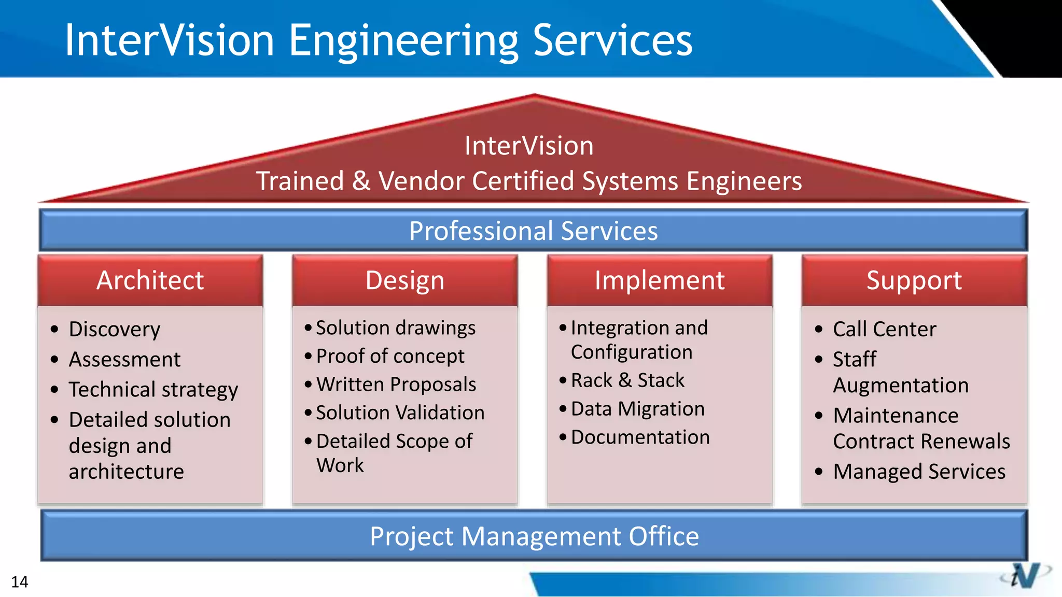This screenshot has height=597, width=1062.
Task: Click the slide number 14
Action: click(x=20, y=582)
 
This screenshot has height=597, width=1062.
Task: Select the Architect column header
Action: click(x=150, y=280)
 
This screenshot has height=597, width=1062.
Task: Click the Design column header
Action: click(x=404, y=280)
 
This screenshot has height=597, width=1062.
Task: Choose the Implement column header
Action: click(x=659, y=280)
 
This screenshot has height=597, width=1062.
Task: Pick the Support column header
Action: click(x=914, y=280)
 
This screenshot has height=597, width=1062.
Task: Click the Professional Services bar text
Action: click(x=533, y=231)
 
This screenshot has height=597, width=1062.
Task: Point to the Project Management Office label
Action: click(x=534, y=536)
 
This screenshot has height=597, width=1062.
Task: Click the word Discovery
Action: click(x=115, y=329)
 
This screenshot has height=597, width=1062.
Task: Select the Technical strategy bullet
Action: click(x=153, y=389)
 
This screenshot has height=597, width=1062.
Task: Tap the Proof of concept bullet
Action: click(x=390, y=356)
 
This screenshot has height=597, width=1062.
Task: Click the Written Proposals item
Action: click(x=396, y=385)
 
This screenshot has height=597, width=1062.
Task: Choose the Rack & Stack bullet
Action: click(x=627, y=380)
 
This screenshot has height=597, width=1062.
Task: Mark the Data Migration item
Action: click(x=638, y=409)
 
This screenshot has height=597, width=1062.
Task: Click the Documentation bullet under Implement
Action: click(x=640, y=437)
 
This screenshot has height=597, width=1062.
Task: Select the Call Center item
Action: click(x=884, y=329)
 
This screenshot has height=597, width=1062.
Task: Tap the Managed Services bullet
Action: click(x=919, y=472)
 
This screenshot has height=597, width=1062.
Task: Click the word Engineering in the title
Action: click(x=403, y=41)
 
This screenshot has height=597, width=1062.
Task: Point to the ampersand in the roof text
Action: click(x=361, y=181)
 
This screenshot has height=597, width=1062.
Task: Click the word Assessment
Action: click(x=124, y=359)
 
